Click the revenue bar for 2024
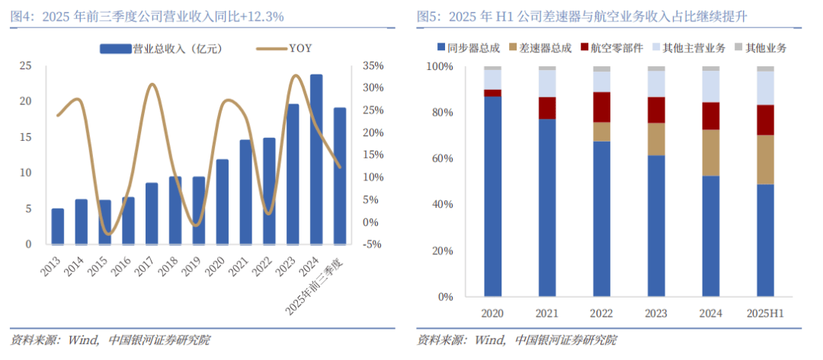click(316, 160)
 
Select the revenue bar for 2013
click(58, 226)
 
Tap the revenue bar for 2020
click(222, 202)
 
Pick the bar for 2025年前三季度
click(340, 176)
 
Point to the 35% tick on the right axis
click(373, 66)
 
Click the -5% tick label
click(373, 244)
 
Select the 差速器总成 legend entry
click(546, 48)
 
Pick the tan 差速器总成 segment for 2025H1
click(765, 160)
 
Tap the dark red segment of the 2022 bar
click(602, 107)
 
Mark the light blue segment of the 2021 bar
click(547, 84)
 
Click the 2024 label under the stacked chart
click(710, 313)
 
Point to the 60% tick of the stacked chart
click(441, 158)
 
